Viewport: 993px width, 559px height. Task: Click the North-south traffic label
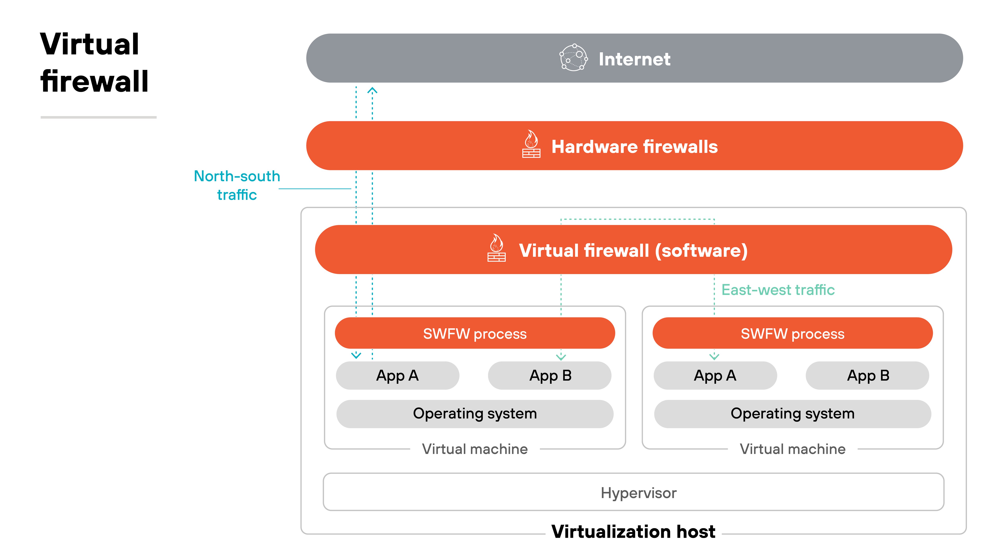click(237, 185)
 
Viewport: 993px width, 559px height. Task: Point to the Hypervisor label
click(638, 493)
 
